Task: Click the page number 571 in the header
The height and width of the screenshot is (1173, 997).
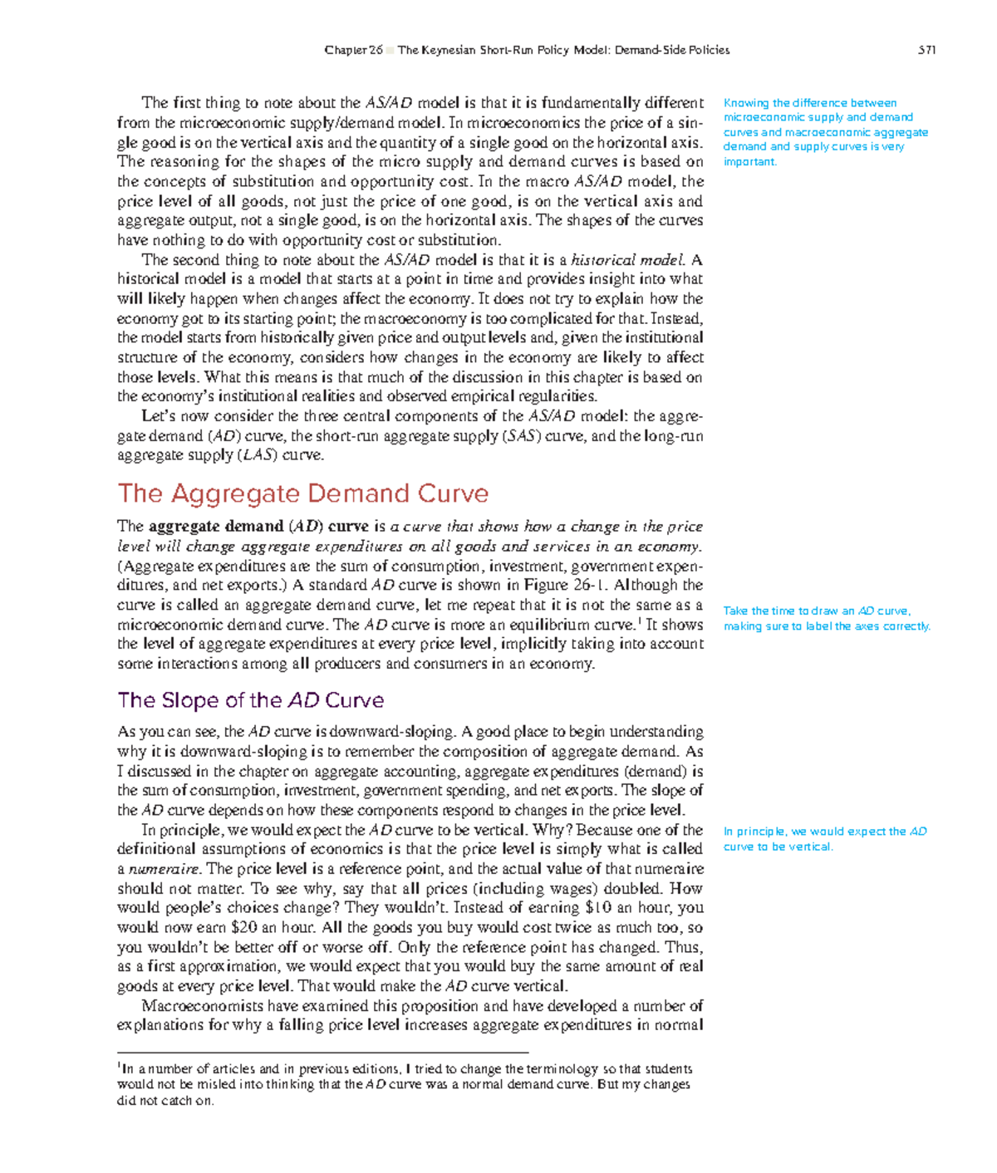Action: click(x=926, y=50)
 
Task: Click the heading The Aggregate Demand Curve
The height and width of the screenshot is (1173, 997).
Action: click(x=302, y=493)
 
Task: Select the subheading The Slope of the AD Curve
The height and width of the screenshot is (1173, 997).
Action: click(x=250, y=700)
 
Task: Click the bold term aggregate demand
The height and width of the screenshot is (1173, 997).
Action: click(x=216, y=527)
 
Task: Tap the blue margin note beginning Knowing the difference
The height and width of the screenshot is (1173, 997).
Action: click(x=825, y=132)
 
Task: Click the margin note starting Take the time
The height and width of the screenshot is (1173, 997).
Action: click(x=827, y=618)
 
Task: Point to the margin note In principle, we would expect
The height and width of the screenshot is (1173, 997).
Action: click(x=824, y=838)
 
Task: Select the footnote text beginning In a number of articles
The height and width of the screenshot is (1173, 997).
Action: click(x=405, y=1084)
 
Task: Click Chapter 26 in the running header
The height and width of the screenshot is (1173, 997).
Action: click(x=353, y=50)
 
